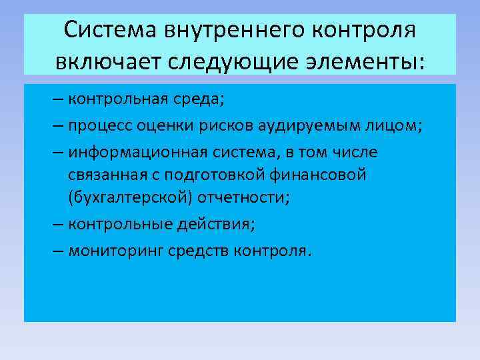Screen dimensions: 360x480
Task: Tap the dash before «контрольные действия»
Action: pos(57,225)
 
